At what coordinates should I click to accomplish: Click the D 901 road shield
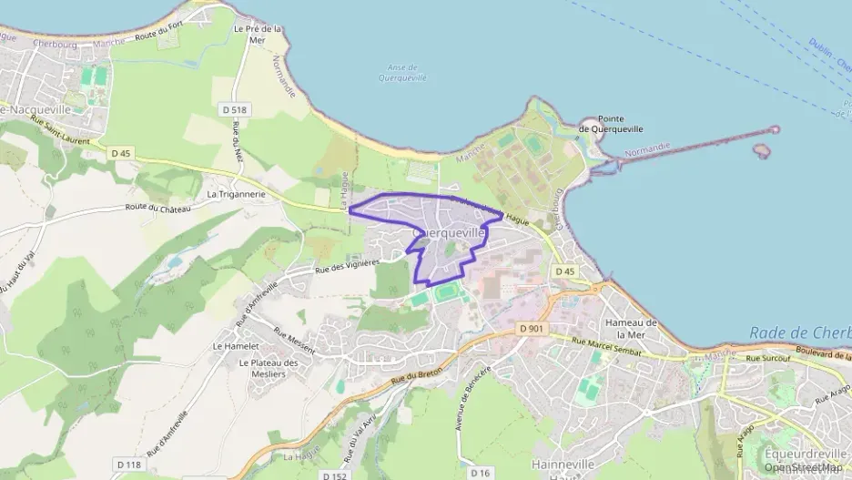click(x=532, y=328)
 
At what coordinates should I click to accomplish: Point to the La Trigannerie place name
click(x=236, y=194)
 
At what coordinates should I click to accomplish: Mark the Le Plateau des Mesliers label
click(x=269, y=367)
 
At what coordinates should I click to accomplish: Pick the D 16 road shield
click(x=480, y=473)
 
